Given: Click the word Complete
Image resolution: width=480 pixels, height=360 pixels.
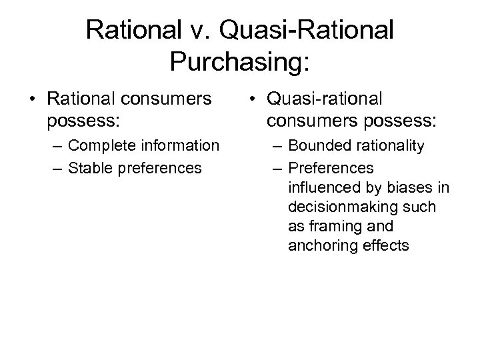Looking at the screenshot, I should point(101,145).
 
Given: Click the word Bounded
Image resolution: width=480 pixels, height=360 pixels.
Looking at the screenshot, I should point(318,145).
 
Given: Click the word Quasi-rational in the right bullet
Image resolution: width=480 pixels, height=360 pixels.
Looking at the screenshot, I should point(325,99).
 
